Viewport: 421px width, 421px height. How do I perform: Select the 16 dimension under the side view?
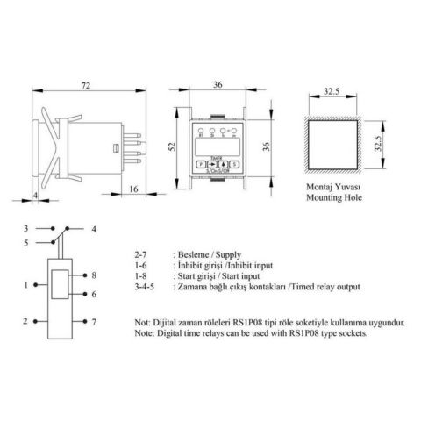[x=132, y=189]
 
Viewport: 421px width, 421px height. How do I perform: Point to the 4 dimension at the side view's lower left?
[x=33, y=194]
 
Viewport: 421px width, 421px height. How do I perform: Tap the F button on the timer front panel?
[x=200, y=164]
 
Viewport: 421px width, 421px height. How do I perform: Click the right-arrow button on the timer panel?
[x=213, y=164]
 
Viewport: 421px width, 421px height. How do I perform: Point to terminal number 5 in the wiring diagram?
[x=26, y=243]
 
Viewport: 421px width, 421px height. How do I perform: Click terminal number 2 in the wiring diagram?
[x=27, y=321]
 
